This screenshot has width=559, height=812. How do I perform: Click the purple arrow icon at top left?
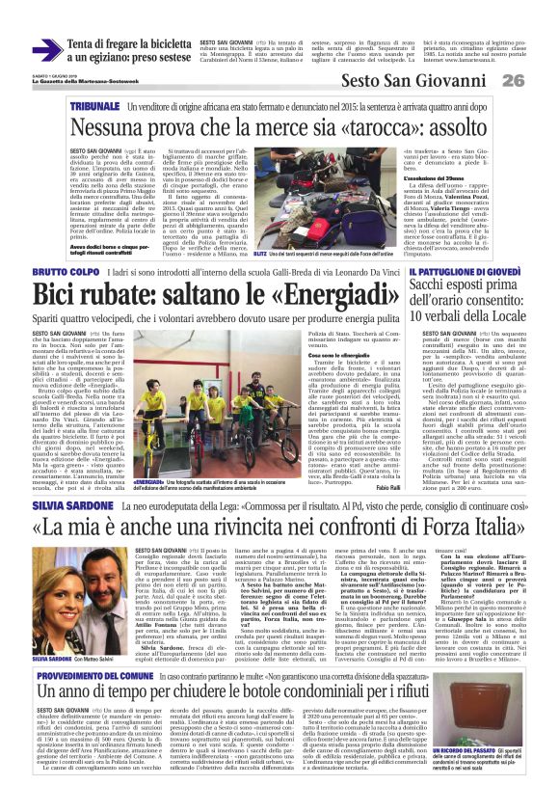click(x=46, y=50)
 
